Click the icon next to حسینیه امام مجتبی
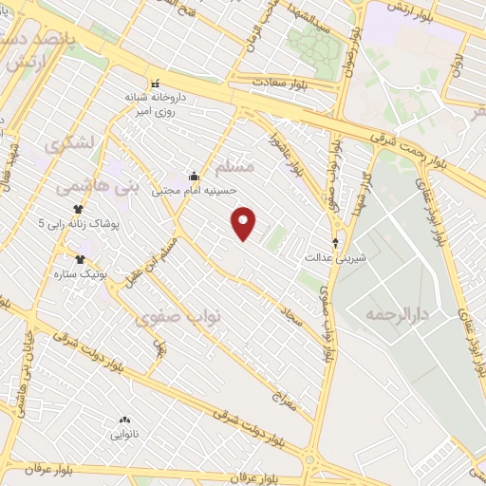[195, 175]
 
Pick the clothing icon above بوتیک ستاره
[80, 258]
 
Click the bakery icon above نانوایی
[124, 421]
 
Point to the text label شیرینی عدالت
[335, 257]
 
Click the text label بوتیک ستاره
[106, 272]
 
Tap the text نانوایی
[124, 435]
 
